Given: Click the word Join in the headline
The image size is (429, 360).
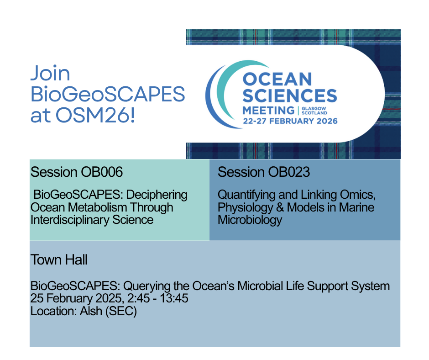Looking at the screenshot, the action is (50, 73).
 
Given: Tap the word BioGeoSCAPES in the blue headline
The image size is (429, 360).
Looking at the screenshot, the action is (108, 94).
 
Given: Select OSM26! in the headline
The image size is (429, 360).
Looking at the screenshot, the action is (95, 115).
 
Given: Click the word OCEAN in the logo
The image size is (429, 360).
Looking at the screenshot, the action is (277, 79).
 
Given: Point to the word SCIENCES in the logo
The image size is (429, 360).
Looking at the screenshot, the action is (290, 95).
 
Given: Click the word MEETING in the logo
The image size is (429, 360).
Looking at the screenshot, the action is (268, 111).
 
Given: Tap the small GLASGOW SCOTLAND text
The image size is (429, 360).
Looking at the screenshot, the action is (314, 111).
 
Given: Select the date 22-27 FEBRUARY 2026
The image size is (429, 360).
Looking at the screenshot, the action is (290, 121).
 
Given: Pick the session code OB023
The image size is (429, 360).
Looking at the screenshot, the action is (289, 172).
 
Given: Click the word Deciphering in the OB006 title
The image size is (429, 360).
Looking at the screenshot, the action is (157, 195).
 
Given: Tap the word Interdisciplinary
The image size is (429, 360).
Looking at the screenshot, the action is (70, 220).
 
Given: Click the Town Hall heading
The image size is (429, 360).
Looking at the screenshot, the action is (59, 259).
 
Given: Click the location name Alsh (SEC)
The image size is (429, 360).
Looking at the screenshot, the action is (108, 311).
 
